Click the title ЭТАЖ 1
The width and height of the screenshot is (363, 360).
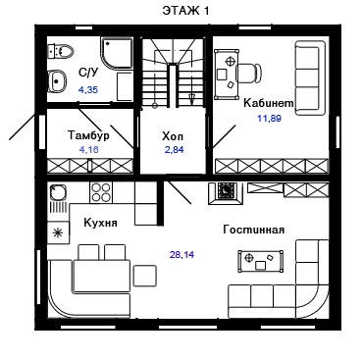point(185,11)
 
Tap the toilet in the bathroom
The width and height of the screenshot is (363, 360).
point(61,51)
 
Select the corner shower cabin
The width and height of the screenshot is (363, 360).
point(117,53)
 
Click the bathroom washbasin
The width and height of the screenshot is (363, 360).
point(57,80)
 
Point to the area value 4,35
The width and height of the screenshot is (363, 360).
point(88,89)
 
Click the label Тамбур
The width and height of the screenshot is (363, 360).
point(88,135)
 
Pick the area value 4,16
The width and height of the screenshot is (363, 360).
point(88,150)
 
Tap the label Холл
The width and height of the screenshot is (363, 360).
point(173,136)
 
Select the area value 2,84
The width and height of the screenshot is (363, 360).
point(175,150)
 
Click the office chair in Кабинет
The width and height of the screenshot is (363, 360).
point(249,72)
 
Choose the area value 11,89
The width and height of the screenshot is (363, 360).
point(269,118)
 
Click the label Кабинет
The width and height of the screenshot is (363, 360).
point(269,103)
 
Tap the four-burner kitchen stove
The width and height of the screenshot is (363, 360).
point(101,192)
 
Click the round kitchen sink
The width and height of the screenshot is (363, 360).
point(58,192)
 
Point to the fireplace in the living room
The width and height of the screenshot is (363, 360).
point(226,193)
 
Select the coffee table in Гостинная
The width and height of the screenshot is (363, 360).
point(261,261)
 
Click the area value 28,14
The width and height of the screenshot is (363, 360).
point(181,254)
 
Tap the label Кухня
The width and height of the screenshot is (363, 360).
point(100,223)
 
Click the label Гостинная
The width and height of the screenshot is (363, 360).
point(254,230)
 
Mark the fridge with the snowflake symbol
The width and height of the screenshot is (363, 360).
point(58,232)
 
